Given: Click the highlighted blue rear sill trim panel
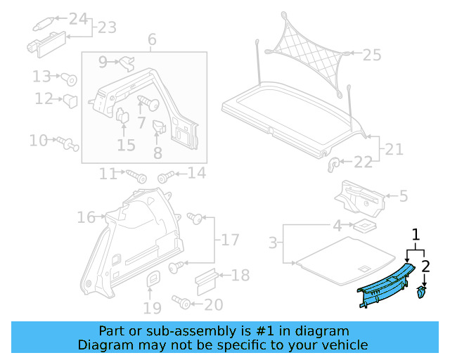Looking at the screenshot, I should click(x=385, y=285).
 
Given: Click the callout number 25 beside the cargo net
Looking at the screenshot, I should click(x=371, y=53).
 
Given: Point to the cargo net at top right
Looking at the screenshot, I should click(x=305, y=49).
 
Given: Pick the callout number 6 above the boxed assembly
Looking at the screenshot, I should click(x=151, y=40).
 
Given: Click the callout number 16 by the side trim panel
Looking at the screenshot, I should click(x=86, y=218).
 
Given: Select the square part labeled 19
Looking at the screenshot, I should click(x=153, y=281).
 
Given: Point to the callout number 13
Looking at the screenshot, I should click(x=41, y=76).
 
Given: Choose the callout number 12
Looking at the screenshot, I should click(x=44, y=99).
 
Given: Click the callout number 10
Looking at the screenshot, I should click(x=38, y=141).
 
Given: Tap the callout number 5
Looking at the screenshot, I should click(x=403, y=195).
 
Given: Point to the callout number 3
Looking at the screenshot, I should click(x=273, y=243).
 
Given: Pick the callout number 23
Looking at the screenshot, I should click(x=107, y=28).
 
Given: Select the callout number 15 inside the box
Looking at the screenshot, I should click(x=126, y=146).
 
